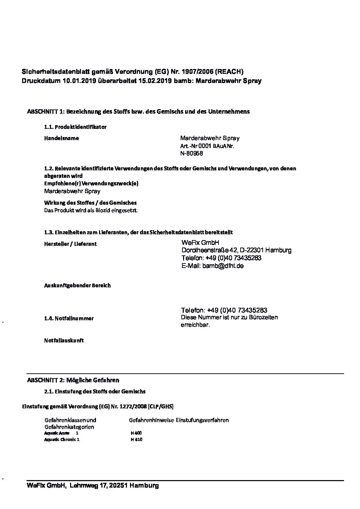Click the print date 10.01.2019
pos(79,81)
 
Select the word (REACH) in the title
pos(230,71)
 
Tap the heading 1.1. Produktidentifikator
pos(75,127)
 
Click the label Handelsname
pos(62,138)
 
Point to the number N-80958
pos(192,153)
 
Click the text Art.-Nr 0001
pos(196,146)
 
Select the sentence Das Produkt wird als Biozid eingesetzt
pos(91,210)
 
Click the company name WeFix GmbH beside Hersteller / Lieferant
pos(200,242)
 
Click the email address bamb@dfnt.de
pos(223,266)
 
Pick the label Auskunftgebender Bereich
pos(77,286)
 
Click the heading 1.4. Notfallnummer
pos(69,318)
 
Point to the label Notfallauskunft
pos(64,340)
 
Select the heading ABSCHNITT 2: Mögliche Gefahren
pos(73,380)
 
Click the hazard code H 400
pos(136,433)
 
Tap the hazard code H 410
pos(136,440)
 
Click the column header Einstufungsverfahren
pos(202,420)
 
